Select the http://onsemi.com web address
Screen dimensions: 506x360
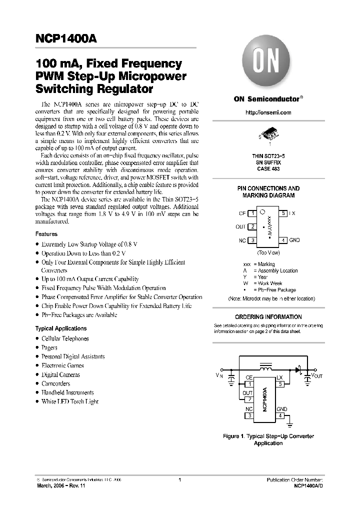[268, 113]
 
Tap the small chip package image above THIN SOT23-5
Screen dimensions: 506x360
[268, 133]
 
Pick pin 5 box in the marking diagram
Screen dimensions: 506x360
[283, 213]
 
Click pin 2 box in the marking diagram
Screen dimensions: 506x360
[253, 226]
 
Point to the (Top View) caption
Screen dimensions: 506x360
[268, 253]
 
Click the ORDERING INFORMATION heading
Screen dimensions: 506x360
[268, 317]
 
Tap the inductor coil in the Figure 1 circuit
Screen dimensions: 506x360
[266, 368]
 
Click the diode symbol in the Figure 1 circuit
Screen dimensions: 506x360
[298, 371]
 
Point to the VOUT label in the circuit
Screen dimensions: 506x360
[316, 375]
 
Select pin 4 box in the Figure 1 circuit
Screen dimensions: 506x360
[280, 415]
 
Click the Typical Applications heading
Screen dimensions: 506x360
[60, 328]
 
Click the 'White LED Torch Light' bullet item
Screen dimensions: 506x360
[69, 401]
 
